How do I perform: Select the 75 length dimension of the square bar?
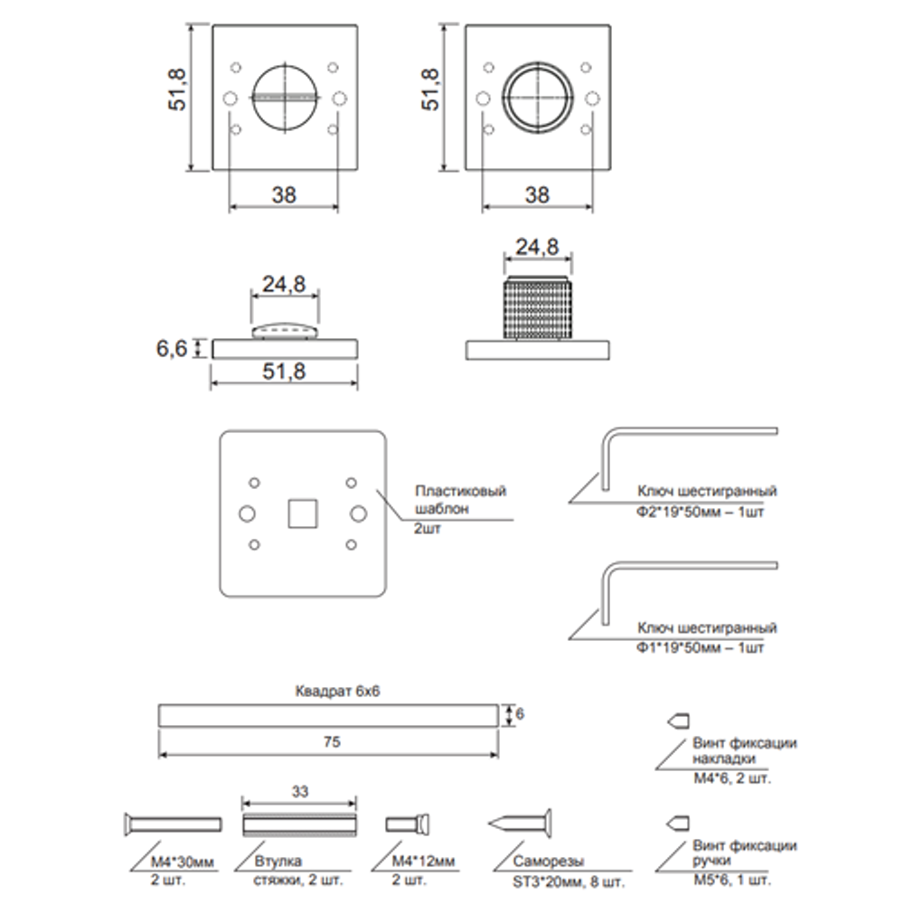click(331, 741)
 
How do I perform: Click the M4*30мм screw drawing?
click(171, 823)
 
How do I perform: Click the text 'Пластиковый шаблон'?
click(460, 500)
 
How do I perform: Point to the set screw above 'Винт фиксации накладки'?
click(677, 720)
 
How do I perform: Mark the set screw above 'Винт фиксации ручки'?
click(677, 823)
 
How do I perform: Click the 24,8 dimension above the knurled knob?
click(537, 245)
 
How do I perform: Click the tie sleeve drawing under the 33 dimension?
click(300, 824)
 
